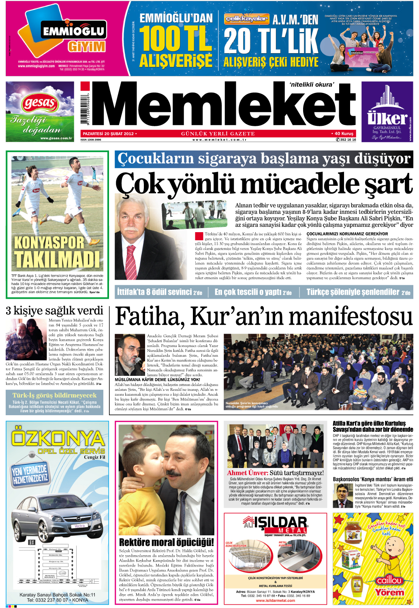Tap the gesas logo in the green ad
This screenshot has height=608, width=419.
tap(40, 103)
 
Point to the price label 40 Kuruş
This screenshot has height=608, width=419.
tap(344, 134)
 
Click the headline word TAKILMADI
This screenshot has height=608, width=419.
tap(57, 258)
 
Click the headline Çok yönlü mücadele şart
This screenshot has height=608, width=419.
tap(264, 185)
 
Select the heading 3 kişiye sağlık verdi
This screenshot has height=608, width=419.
tap(54, 311)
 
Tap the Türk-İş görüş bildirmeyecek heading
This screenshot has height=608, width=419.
tap(54, 395)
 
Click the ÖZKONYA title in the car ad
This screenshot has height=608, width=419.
tap(58, 438)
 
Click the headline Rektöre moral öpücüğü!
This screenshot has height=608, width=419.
tap(166, 542)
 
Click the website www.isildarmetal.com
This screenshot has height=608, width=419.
tap(276, 601)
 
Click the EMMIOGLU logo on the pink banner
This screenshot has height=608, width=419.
tap(74, 31)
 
